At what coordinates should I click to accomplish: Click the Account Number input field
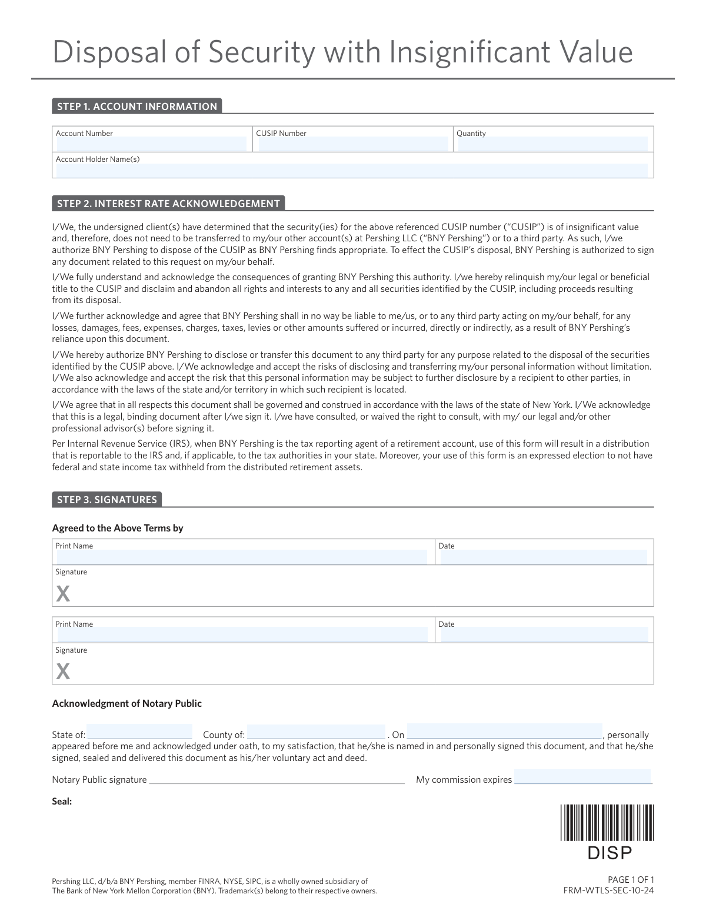151,144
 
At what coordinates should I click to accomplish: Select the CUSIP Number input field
353,144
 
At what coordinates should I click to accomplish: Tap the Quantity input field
552,144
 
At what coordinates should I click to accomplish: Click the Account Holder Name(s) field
352,171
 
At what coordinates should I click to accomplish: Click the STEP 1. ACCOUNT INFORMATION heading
137,107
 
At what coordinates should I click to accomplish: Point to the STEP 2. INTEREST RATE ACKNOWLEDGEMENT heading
168,204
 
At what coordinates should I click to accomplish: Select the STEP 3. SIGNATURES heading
107,500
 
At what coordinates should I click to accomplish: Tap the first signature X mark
63,594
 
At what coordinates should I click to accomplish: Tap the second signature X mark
63,671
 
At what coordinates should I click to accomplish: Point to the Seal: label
62,801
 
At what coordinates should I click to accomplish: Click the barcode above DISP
607,823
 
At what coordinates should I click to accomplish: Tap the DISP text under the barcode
610,853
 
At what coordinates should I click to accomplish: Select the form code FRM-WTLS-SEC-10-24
608,890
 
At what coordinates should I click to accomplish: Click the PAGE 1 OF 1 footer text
631,880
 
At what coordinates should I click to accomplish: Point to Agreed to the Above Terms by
118,528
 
